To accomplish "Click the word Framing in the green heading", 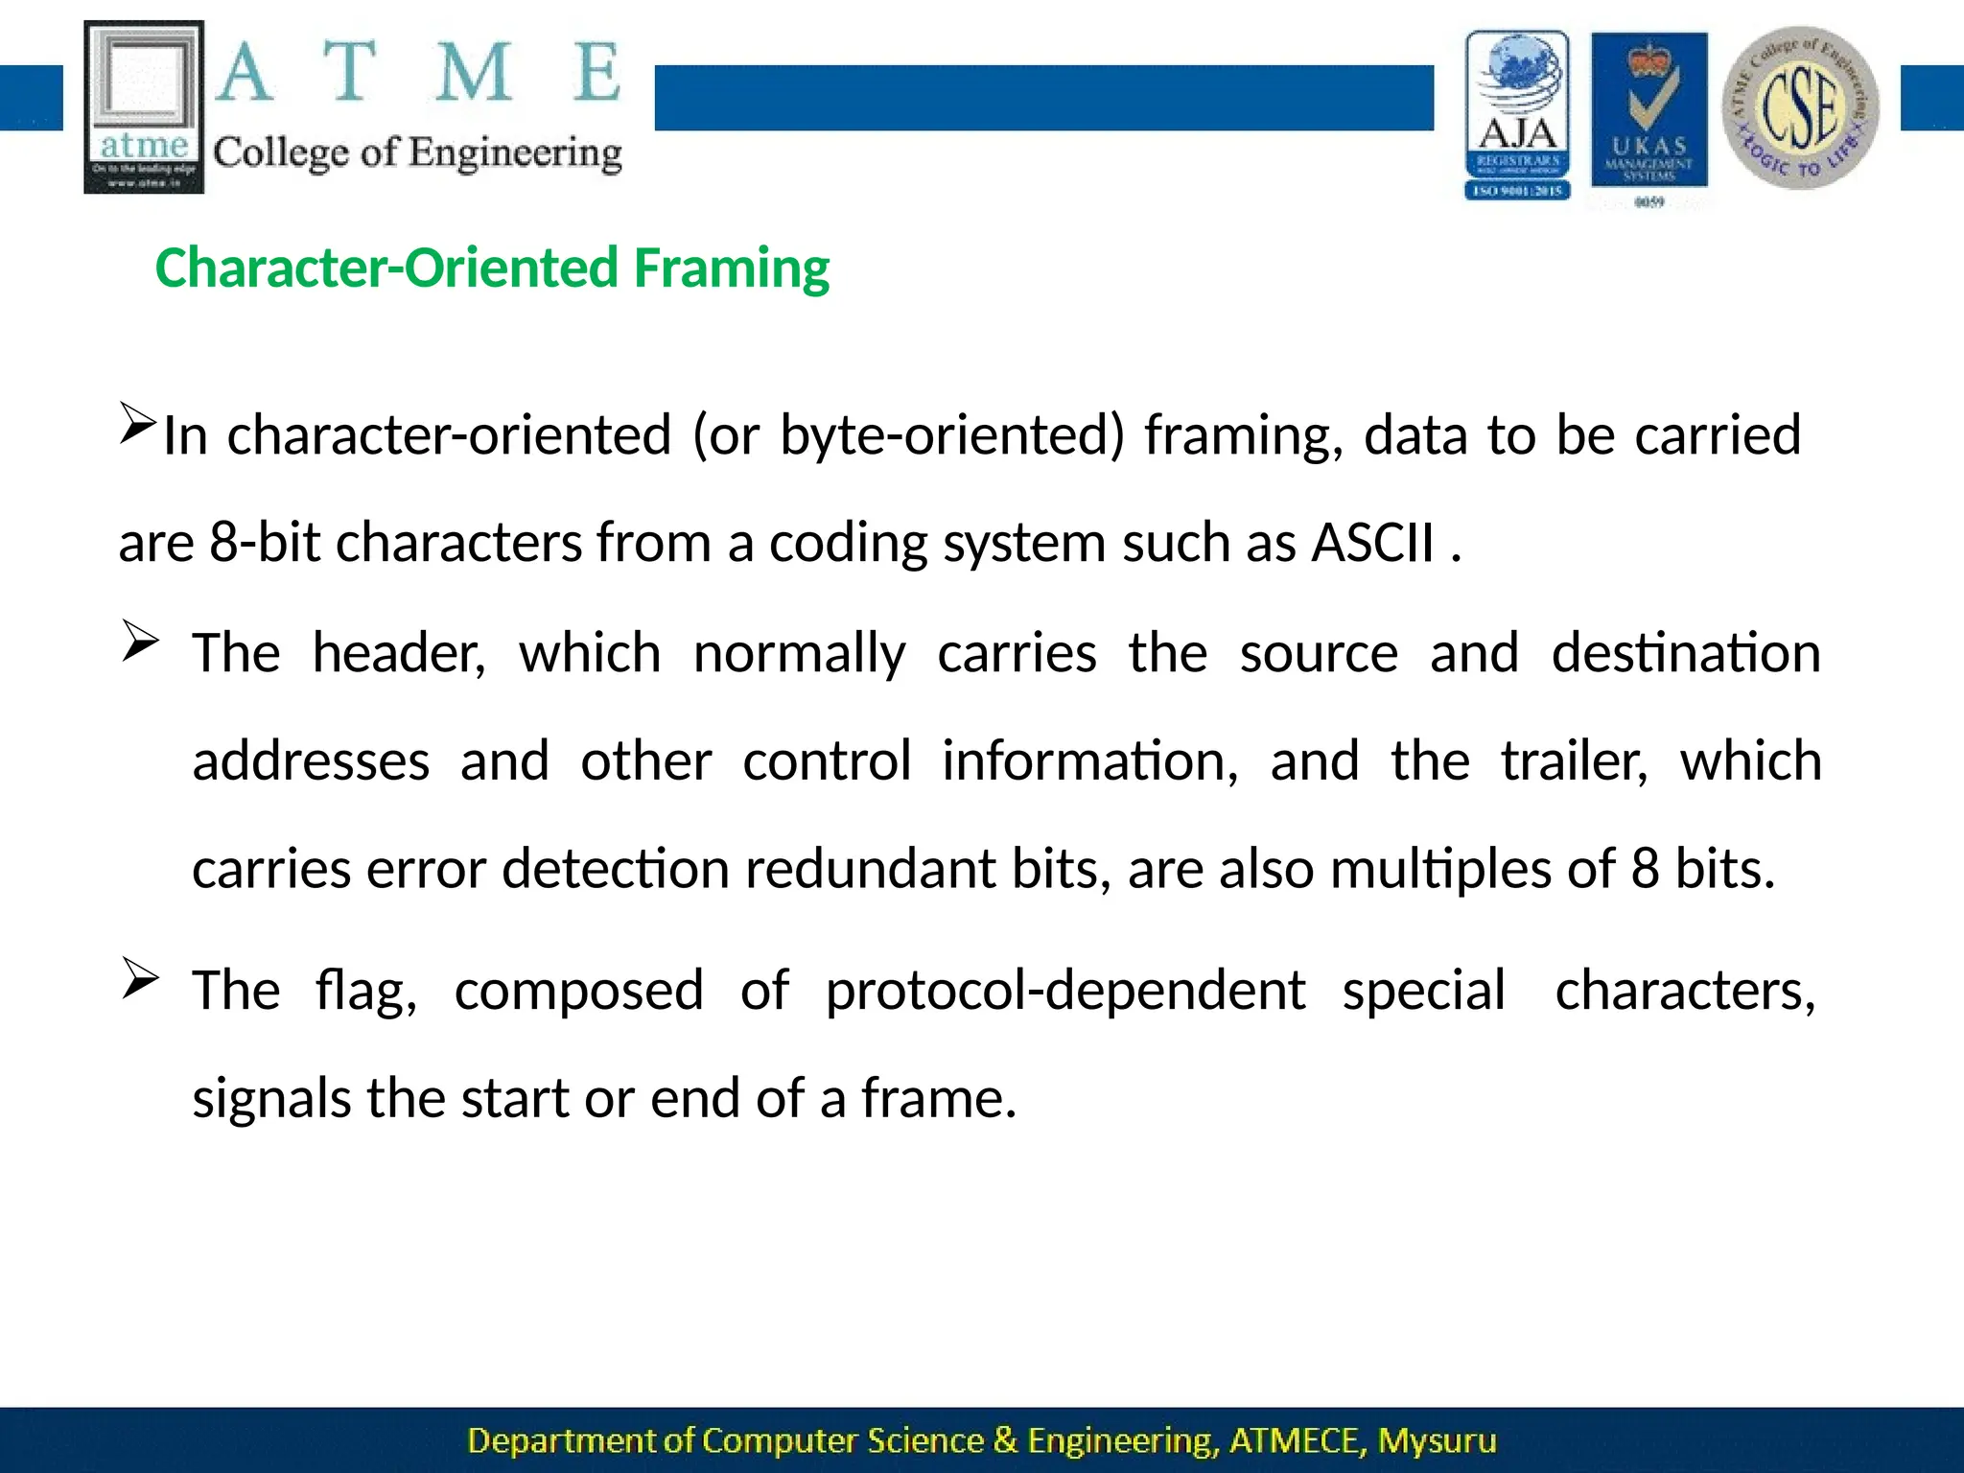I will click(x=731, y=269).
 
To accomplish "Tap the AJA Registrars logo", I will click(x=1517, y=115).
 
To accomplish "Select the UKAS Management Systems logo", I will click(x=1648, y=115).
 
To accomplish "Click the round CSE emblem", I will click(x=1800, y=107).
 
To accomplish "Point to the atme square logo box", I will click(x=144, y=106).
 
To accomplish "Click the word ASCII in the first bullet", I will click(x=1372, y=543).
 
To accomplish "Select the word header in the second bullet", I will click(x=399, y=654).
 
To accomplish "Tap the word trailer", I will click(x=1574, y=761).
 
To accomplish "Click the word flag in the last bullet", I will click(x=366, y=991).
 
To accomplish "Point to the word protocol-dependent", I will click(x=1064, y=991).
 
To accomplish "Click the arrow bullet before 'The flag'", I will click(x=140, y=979).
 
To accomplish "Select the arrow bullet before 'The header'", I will click(x=140, y=642).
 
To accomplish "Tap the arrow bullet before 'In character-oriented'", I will click(x=137, y=423).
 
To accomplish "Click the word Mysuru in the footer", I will click(x=1436, y=1441).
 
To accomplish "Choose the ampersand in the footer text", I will click(x=1005, y=1441).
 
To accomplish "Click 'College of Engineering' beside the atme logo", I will click(x=417, y=153).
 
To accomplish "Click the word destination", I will click(x=1685, y=654).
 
